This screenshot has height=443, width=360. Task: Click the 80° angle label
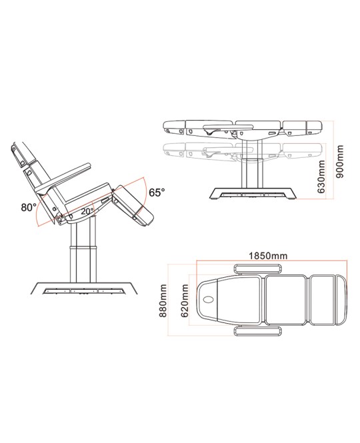click(x=29, y=208)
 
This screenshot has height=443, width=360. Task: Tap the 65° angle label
click(x=157, y=193)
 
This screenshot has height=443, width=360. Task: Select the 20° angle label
click(x=87, y=211)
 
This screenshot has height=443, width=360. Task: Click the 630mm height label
click(x=321, y=177)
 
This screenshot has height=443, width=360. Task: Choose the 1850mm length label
click(x=268, y=256)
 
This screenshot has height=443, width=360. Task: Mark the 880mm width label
click(x=163, y=300)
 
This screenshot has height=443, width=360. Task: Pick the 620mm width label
click(x=185, y=301)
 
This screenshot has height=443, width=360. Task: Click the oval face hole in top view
click(x=209, y=299)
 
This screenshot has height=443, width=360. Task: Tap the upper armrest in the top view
click(x=257, y=268)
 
